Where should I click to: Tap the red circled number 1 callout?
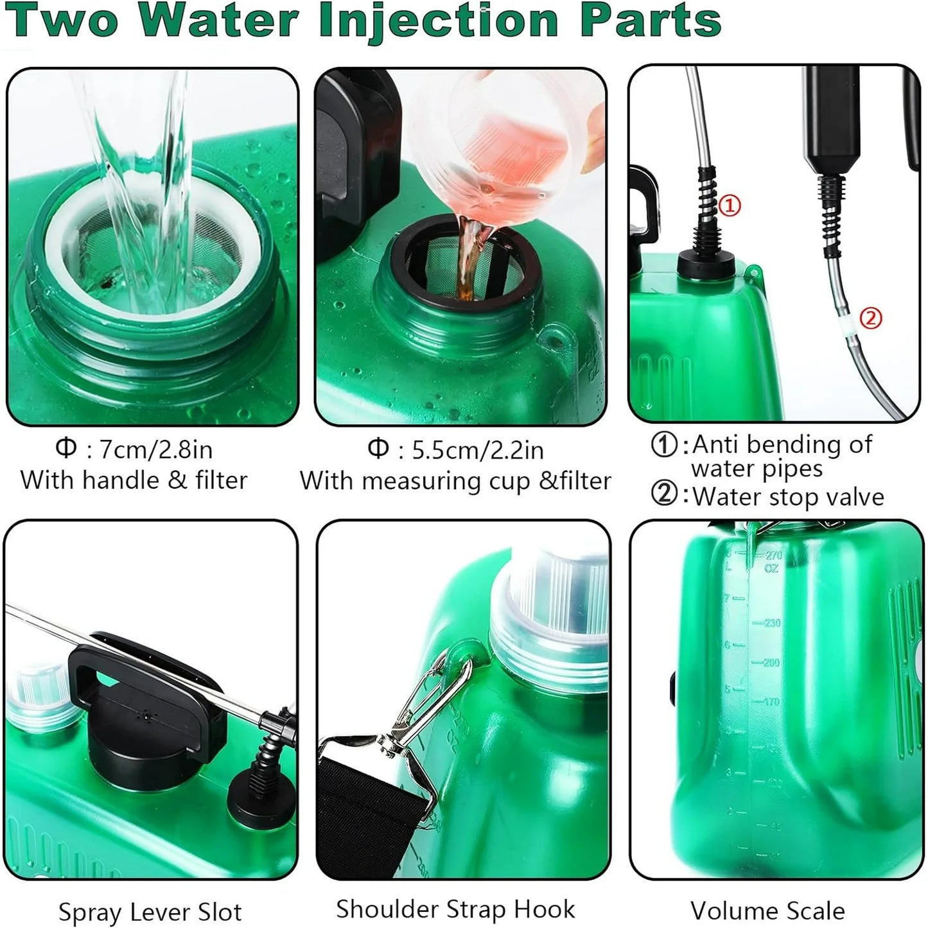pos(729,206)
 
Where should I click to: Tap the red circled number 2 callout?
pos(870,317)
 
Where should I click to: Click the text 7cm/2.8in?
pos(156,450)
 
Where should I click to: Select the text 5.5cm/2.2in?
pos(477,450)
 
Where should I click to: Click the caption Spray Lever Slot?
pos(150,912)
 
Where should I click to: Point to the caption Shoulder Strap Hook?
pos(455,909)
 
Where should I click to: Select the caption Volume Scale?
pos(767,911)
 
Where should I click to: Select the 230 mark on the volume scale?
pos(771,623)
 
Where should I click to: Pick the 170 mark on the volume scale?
pos(771,701)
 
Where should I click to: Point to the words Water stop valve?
pos(788,496)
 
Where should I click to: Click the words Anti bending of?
pos(782,444)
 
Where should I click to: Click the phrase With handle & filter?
pos(134,480)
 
